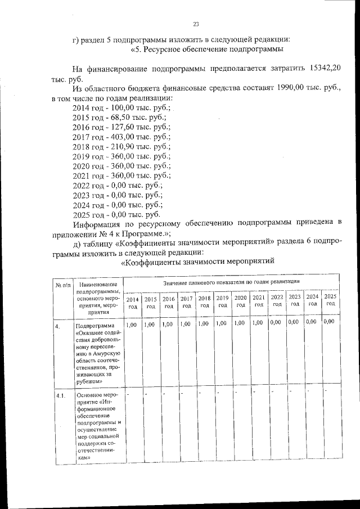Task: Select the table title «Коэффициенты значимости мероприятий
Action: pos(197,262)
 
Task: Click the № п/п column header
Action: pos(62,285)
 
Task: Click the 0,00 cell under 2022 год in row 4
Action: pos(276,323)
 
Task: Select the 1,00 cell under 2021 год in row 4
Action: pos(258,323)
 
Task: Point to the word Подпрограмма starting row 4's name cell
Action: pos(94,326)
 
